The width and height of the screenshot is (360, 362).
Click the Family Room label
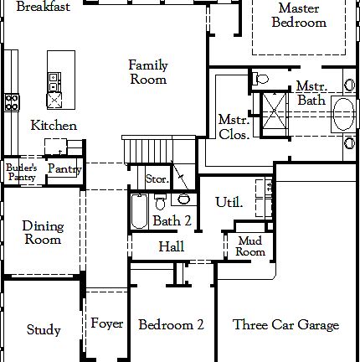147,72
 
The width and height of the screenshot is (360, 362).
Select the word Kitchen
54,126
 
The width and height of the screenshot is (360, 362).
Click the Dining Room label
42,232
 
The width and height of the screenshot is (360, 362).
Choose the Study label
44,329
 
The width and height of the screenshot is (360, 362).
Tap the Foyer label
107,324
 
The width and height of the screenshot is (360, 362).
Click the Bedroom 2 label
172,324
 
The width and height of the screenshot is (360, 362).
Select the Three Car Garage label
285,324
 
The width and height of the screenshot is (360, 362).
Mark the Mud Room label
249,246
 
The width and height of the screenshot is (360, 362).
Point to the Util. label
229,202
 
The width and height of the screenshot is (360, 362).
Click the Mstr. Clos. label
232,127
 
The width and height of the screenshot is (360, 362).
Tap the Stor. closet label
157,178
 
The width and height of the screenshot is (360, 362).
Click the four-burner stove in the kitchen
13,102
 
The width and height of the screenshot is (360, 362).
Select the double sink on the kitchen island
54,82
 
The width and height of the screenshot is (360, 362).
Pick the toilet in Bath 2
183,199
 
